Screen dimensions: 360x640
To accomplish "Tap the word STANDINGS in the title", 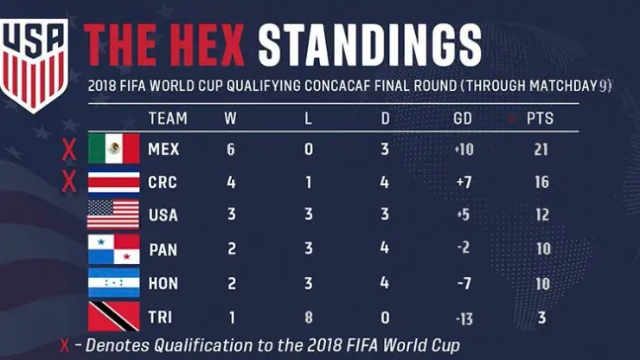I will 369,42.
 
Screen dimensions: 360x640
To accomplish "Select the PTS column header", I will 539,118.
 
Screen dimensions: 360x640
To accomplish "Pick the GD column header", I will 463,118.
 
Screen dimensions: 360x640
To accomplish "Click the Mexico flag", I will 113,149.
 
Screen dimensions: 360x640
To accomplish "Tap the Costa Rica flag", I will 113,182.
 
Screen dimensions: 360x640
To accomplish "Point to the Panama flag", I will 113,249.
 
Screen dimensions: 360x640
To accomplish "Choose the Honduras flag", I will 113,283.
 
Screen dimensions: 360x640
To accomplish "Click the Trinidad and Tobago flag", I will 113,317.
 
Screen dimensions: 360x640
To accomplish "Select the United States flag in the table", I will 113,215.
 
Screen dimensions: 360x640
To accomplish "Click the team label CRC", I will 163,183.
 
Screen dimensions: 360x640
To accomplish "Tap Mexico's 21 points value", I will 541,150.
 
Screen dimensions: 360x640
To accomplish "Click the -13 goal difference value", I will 464,318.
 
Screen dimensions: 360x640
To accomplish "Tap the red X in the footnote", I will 65,345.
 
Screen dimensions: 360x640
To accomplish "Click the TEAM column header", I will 167,118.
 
